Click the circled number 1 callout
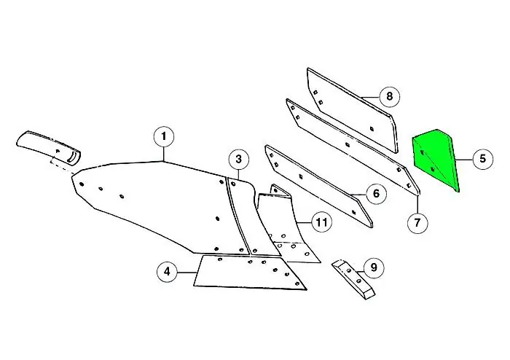point(164,136)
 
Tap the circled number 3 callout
point(239,160)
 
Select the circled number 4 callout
point(167,271)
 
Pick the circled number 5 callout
point(482,159)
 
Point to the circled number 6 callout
point(376,194)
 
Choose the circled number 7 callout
point(417,223)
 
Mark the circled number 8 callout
point(389,96)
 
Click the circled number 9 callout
point(374,267)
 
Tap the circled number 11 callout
point(321,223)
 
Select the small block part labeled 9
point(354,279)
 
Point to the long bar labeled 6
point(319,186)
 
